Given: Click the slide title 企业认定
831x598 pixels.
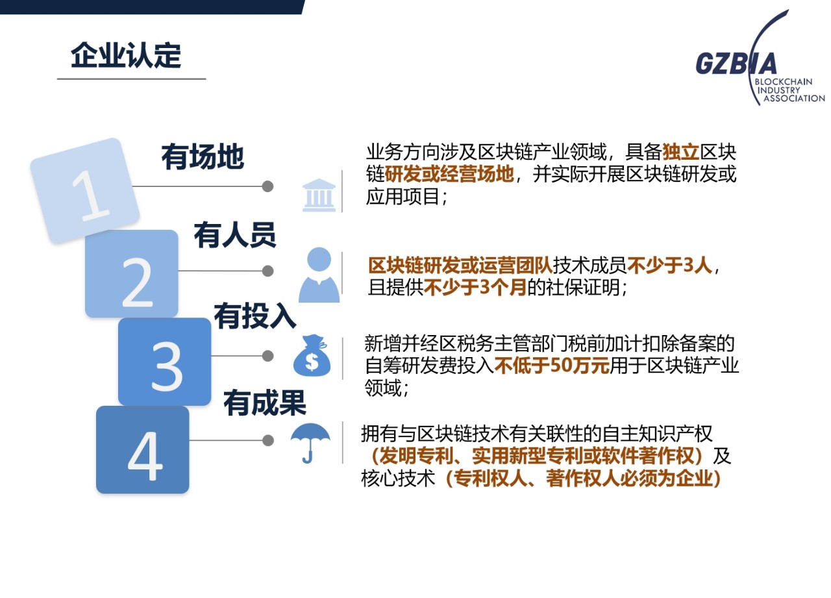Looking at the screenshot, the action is point(126,55).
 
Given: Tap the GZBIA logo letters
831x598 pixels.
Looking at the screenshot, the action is point(736,64).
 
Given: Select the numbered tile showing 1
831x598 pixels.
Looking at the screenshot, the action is point(85,191).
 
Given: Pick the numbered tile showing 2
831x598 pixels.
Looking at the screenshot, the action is point(132,273).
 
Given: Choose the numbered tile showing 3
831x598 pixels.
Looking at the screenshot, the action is point(165,362).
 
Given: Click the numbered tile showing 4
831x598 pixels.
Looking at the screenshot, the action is point(143,449).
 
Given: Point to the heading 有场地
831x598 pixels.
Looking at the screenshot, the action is point(203,156).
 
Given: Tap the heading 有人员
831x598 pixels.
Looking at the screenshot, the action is point(235,235).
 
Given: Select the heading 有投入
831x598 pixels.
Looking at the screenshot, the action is point(255,316).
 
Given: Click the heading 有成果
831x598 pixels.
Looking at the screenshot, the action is point(264,403).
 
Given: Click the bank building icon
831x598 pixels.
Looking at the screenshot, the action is point(319,195).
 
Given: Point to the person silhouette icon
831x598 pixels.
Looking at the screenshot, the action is point(319,275).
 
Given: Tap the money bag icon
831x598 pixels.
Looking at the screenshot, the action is point(312,355).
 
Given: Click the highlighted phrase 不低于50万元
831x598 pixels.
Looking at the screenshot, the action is point(552,366).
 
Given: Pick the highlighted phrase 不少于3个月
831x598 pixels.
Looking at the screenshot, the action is point(475,287).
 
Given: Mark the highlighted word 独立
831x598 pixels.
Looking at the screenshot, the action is point(681,152).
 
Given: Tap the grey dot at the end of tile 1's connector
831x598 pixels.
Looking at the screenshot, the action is point(267,186).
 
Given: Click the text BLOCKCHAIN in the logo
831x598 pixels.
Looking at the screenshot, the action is point(784,82).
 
